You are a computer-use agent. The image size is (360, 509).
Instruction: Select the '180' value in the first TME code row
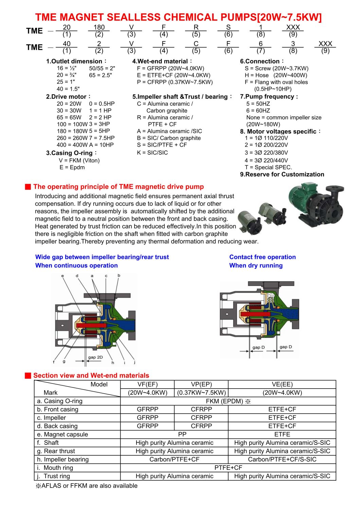[99, 27]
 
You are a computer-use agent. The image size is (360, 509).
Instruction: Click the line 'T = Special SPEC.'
[268, 167]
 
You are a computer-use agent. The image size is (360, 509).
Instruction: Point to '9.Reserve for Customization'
[282, 174]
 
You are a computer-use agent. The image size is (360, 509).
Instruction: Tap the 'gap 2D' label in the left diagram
[95, 357]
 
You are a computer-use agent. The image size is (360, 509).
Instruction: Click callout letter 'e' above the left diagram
[62, 276]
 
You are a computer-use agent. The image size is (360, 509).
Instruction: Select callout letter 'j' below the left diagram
[134, 363]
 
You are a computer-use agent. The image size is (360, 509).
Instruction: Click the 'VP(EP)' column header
[201, 384]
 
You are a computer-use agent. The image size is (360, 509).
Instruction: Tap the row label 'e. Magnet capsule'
[62, 434]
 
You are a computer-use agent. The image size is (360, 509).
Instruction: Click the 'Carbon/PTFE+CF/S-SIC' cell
[282, 459]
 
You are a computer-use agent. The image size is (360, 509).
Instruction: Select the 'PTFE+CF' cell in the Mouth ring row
[228, 468]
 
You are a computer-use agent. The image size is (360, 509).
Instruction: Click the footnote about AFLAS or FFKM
[87, 486]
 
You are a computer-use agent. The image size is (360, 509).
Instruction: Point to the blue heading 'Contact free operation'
[262, 257]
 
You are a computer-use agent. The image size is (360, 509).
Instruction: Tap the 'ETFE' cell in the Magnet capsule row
[282, 434]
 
